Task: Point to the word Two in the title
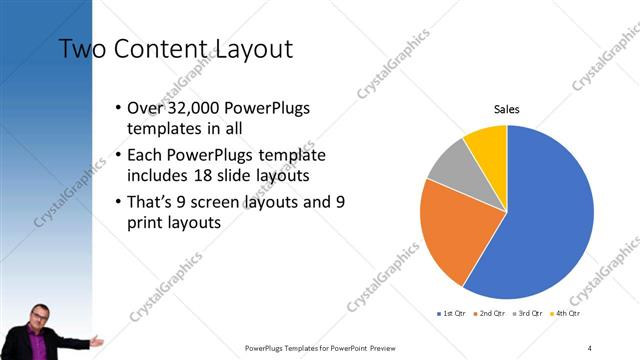(80, 49)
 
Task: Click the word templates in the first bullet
(161, 130)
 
